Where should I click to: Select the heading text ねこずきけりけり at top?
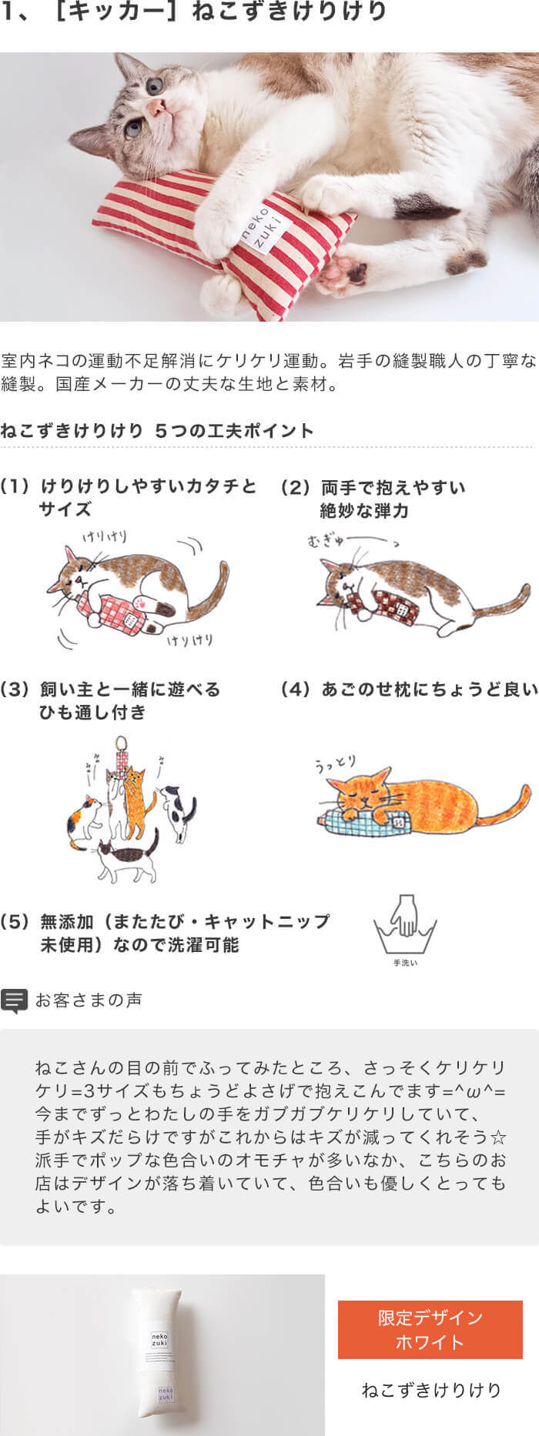click(x=289, y=12)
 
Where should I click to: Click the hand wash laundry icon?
click(x=405, y=924)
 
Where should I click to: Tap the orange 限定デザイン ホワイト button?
click(x=430, y=1330)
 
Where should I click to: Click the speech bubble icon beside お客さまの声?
click(x=14, y=1000)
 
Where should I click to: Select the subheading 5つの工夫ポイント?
click(x=234, y=431)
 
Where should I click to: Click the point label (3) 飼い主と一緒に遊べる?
click(x=112, y=690)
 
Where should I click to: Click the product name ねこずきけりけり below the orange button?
click(x=431, y=1391)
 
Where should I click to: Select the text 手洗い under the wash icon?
click(x=405, y=963)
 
